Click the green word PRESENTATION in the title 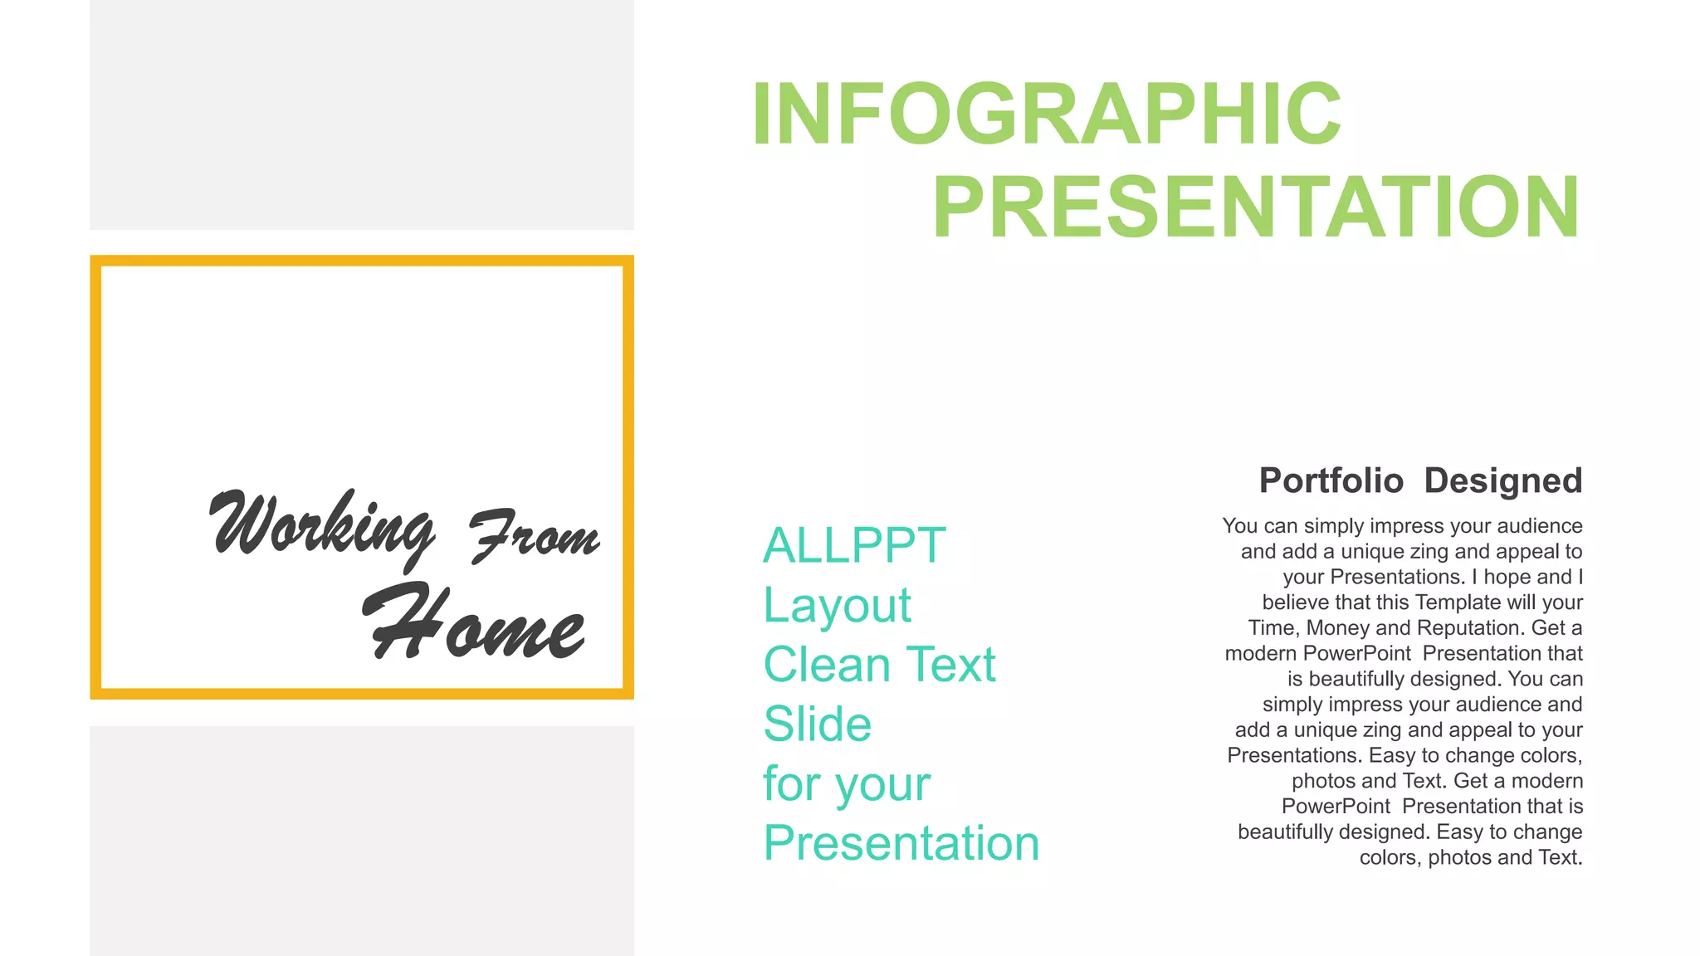(x=1255, y=207)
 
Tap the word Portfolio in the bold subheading (x=1331, y=480)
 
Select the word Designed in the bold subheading (x=1502, y=480)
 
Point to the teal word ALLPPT (x=854, y=545)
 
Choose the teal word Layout (x=837, y=605)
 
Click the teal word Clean (x=827, y=665)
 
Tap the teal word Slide (x=817, y=724)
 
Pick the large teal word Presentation (x=901, y=843)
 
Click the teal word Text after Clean (x=951, y=665)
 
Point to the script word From (x=535, y=535)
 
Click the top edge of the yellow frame (x=362, y=261)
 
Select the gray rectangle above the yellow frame (x=362, y=115)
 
